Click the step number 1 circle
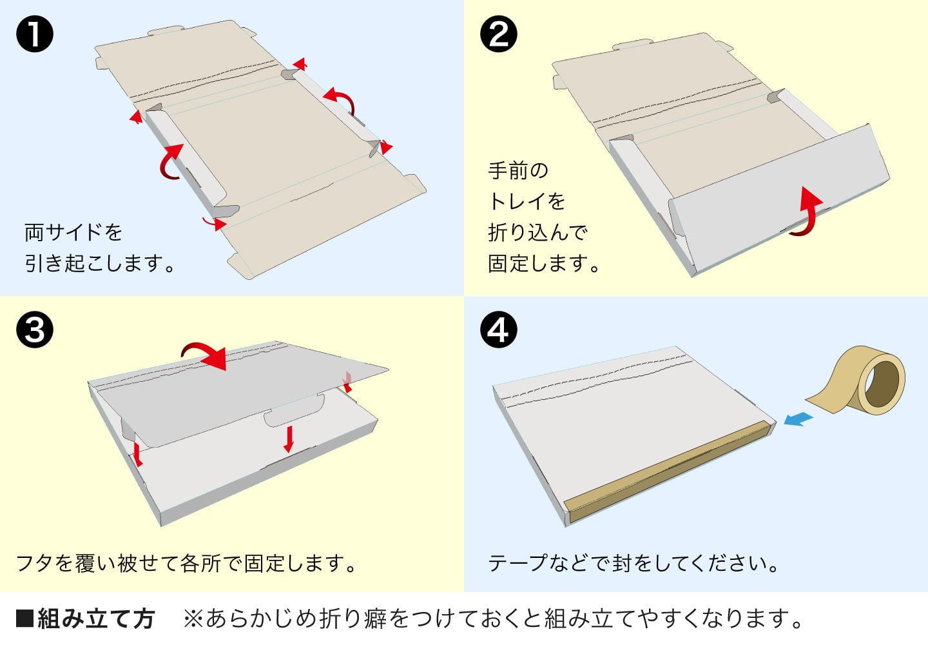[x=35, y=34]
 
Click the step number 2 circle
[x=499, y=34]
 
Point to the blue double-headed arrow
[x=798, y=419]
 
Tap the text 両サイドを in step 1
[x=73, y=232]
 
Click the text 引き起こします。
[x=100, y=263]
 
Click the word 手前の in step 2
[x=518, y=171]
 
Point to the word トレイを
[x=527, y=202]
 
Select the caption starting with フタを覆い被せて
[x=187, y=563]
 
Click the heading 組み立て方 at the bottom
[x=96, y=619]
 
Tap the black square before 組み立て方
[x=24, y=619]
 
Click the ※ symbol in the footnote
[x=193, y=619]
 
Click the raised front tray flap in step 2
[x=773, y=193]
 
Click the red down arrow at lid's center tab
[x=289, y=438]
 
